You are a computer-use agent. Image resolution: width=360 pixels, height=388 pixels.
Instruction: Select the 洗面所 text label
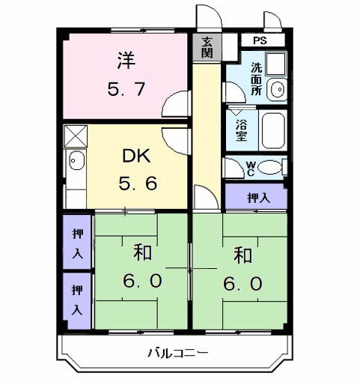[x=256, y=76]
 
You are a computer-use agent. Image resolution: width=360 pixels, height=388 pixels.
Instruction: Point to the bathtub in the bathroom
[x=272, y=132]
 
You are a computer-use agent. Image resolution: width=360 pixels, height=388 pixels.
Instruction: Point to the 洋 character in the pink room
[x=126, y=58]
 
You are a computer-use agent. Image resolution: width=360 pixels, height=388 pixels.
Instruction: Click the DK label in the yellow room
[x=137, y=157]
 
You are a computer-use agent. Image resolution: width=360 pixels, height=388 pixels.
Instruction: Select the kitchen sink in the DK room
[x=76, y=160]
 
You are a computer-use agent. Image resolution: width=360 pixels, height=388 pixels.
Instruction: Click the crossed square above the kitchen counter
[x=76, y=137]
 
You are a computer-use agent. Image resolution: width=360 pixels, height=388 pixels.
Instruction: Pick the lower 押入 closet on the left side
[x=77, y=299]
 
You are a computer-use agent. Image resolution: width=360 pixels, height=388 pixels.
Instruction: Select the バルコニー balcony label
[x=177, y=352]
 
